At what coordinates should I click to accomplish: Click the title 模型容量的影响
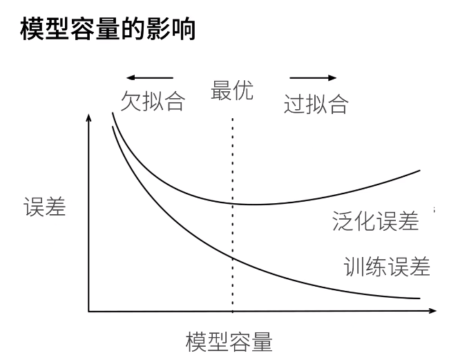(109, 30)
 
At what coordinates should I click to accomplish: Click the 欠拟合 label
(153, 102)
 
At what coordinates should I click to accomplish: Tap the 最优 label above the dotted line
(231, 91)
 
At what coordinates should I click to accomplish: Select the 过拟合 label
(316, 105)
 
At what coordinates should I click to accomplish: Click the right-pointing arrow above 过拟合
(313, 77)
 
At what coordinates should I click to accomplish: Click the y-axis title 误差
(45, 207)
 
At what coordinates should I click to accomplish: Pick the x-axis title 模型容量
(229, 342)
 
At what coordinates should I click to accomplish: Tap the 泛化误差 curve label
(375, 222)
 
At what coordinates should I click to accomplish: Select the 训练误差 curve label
(387, 266)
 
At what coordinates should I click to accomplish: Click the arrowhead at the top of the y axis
(88, 118)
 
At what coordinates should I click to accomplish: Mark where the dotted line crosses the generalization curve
(232, 203)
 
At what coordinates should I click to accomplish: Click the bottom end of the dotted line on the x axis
(232, 312)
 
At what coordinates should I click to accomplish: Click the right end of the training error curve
(419, 299)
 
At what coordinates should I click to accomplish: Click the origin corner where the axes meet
(88, 312)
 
